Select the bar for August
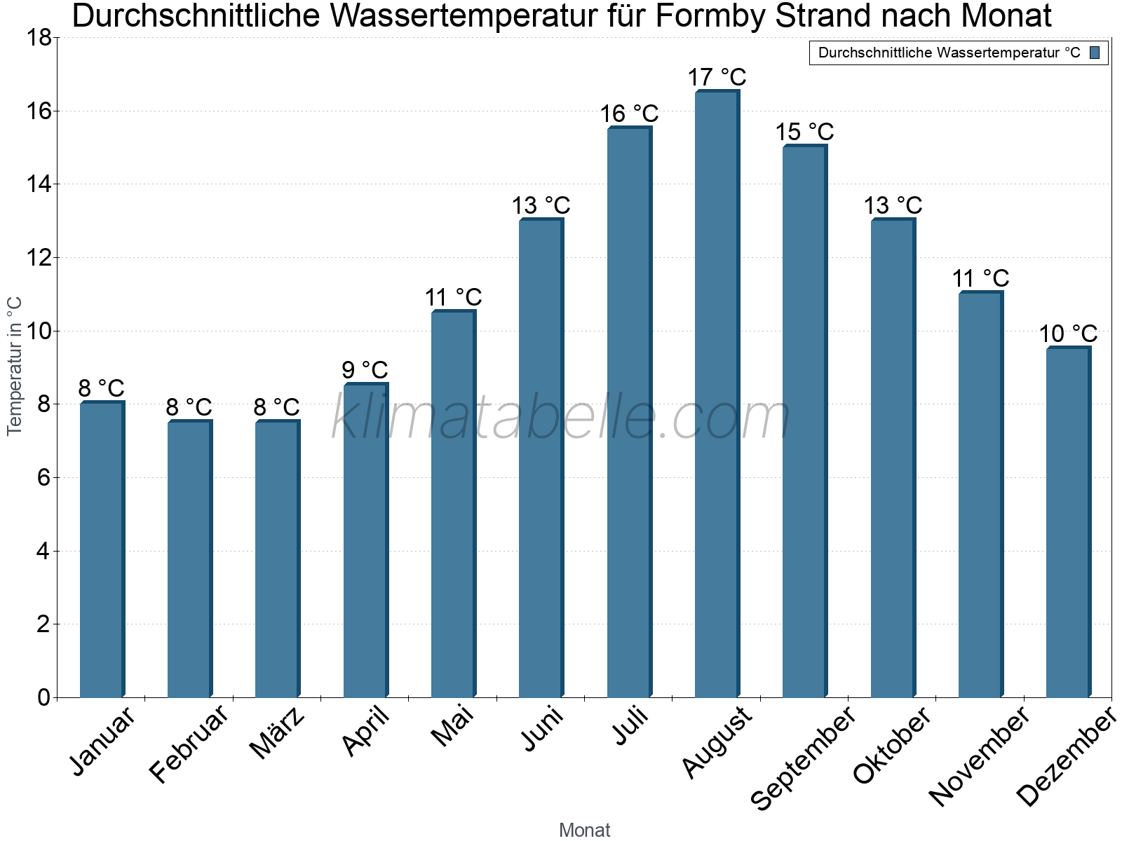pos(717,393)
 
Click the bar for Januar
pos(102,549)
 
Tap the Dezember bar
pos(1068,521)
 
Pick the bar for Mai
pos(454,503)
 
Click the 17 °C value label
pos(717,77)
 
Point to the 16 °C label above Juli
pos(629,114)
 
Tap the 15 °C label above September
pos(804,132)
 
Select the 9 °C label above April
pos(365,370)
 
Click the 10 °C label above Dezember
pos(1068,334)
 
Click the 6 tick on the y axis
pos(44,478)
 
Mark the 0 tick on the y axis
pos(44,697)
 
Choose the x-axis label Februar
pos(188,743)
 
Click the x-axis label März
pos(276,732)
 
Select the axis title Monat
pos(585,830)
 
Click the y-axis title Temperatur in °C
pos(14,366)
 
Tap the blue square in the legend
pos(1095,53)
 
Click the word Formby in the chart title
pos(710,16)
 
